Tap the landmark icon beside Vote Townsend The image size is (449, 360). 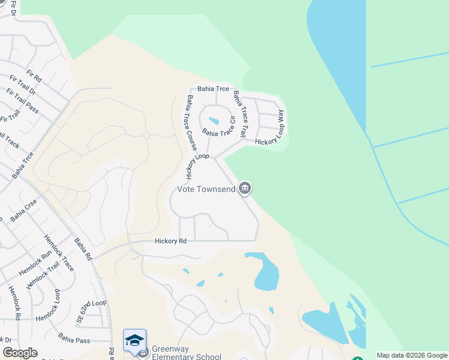(245, 189)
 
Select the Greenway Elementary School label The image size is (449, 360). (186, 353)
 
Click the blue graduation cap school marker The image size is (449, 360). (135, 340)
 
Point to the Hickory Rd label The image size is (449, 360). (170, 241)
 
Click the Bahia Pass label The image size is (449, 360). (74, 340)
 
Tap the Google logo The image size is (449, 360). (20, 353)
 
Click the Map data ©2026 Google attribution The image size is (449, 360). (412, 355)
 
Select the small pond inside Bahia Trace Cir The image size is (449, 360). (214, 121)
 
